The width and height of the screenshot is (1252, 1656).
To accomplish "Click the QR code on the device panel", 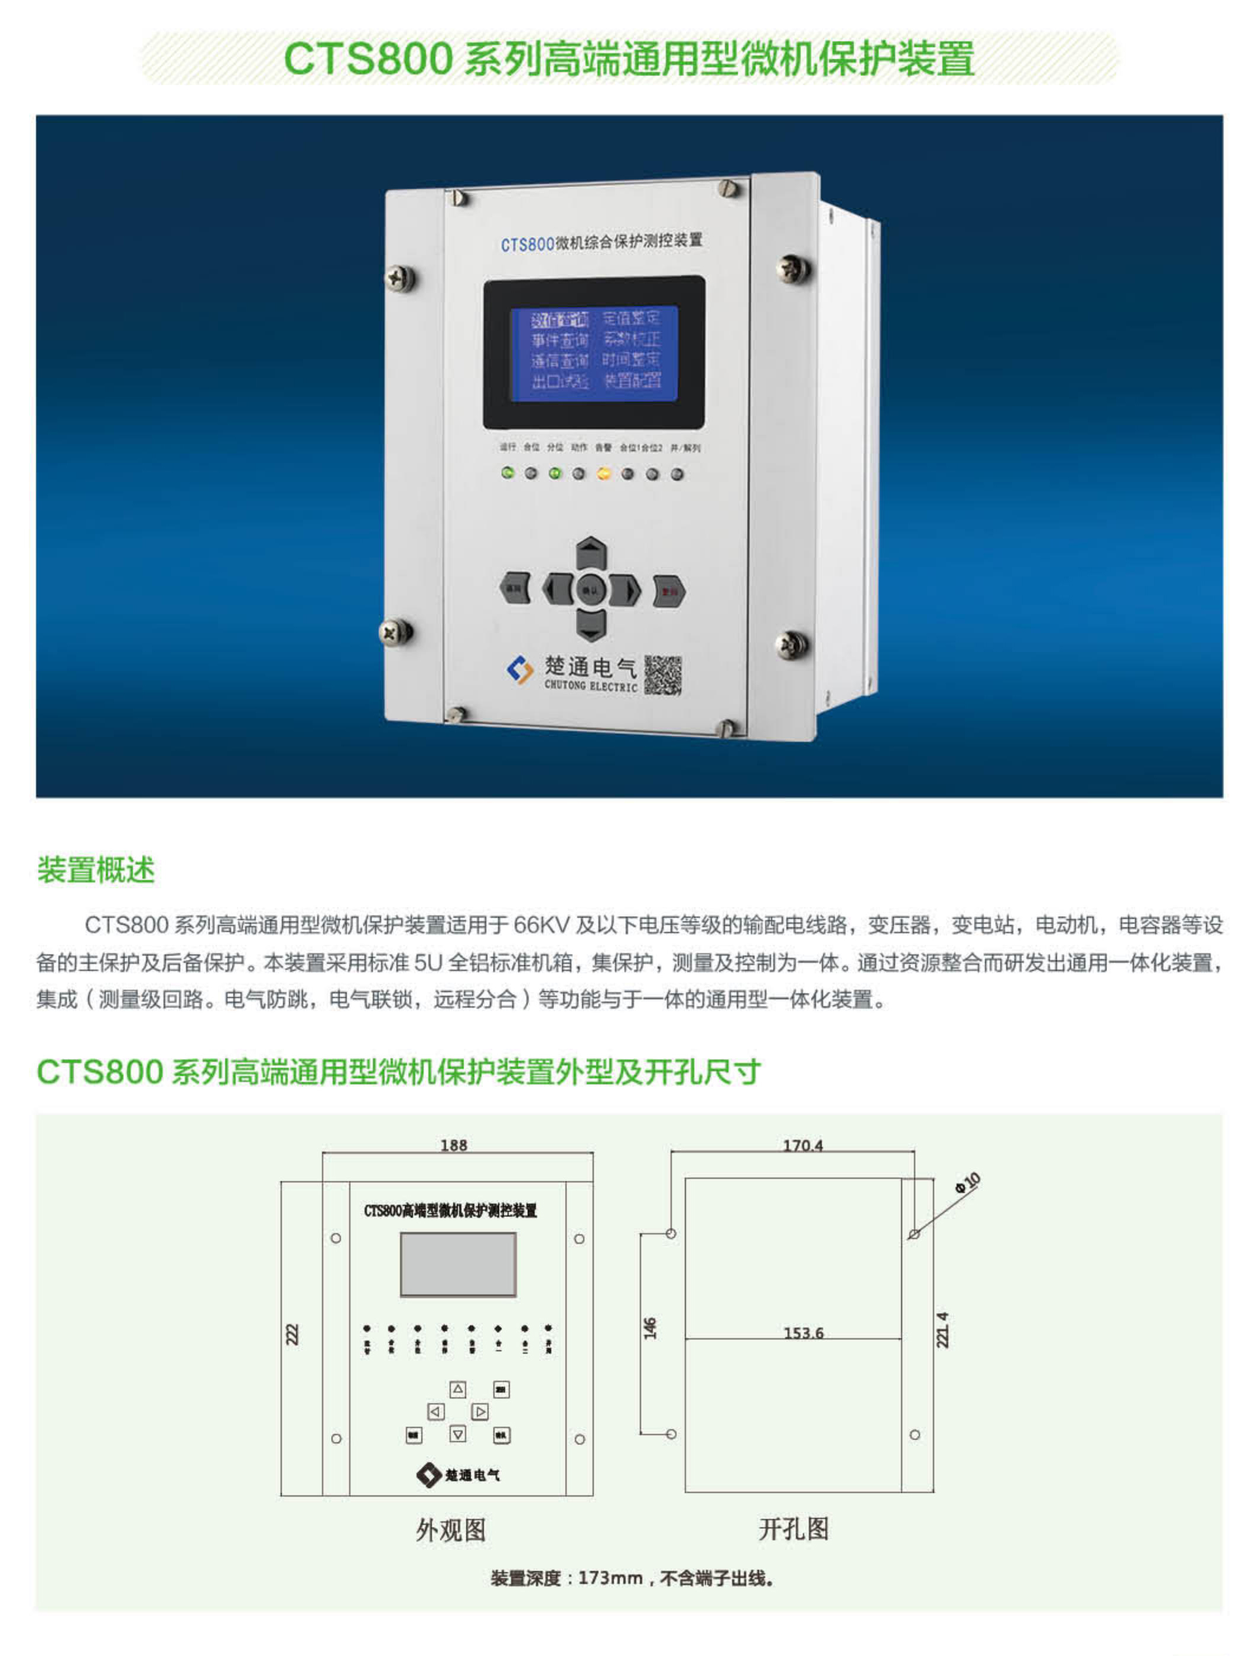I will (663, 675).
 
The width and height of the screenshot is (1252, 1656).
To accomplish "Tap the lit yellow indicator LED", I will (603, 474).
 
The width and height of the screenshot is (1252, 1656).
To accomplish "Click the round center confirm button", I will (591, 590).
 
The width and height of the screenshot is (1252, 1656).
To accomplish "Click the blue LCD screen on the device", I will (594, 352).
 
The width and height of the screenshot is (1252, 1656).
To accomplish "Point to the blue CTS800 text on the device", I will (527, 245).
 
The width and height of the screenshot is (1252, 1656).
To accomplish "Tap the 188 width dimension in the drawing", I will (454, 1145).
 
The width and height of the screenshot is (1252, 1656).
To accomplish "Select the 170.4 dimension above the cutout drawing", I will (803, 1145).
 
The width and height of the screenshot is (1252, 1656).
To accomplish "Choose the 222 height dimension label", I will (292, 1334).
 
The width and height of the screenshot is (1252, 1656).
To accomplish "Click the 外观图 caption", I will (451, 1530).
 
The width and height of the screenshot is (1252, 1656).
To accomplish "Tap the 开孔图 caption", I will (794, 1529).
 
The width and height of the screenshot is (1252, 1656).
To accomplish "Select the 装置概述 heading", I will (96, 871).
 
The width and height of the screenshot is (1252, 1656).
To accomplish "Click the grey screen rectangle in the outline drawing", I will (458, 1264).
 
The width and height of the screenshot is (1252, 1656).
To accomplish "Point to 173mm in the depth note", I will (610, 1578).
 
